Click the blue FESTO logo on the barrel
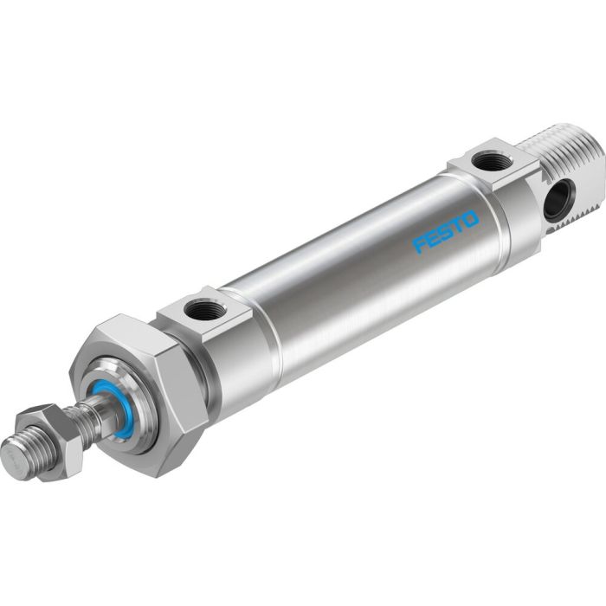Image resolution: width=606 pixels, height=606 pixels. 446,231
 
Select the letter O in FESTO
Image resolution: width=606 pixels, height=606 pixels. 470,217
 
